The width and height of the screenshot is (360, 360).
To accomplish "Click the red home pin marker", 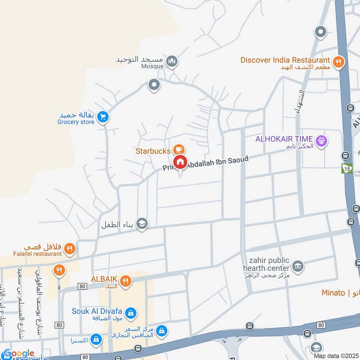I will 180,162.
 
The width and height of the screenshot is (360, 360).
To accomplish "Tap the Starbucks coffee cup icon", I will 179,149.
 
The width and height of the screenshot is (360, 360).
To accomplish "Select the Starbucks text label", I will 152,151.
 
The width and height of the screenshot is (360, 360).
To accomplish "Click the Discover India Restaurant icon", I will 338,62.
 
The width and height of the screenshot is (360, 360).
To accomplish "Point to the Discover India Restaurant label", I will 285,60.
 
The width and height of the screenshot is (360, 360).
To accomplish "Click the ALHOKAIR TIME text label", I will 284,139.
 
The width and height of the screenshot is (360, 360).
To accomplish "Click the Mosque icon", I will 171,61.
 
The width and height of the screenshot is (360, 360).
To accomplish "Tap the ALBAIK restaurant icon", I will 126,281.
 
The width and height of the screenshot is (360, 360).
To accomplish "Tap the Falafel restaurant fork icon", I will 69,248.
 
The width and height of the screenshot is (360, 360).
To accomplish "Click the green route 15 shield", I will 346,168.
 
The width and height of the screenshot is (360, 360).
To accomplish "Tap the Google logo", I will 18,354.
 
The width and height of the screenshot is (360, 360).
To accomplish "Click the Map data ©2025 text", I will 336,355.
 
